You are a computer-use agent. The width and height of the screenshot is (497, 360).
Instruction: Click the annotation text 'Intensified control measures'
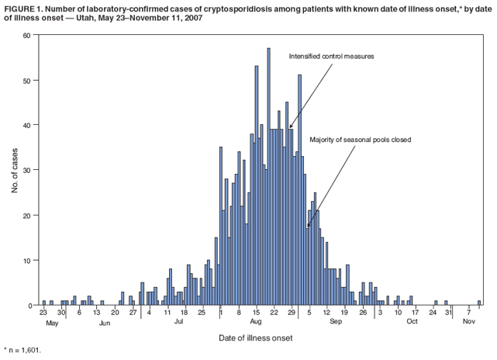pos(332,57)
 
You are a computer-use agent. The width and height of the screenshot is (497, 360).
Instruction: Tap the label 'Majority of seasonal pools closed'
pos(360,140)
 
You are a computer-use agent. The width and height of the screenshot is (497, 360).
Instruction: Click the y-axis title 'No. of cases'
pos(15,171)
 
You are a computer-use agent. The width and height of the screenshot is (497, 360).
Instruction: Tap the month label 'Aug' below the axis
pos(256,321)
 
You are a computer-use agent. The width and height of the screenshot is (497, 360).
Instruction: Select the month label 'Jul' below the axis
pos(178,321)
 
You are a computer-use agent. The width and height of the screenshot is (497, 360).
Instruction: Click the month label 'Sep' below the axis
pos(336,321)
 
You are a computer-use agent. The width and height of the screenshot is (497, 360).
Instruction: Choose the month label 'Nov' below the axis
pos(469,321)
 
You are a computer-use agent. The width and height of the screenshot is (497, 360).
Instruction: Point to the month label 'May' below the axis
pos(52,321)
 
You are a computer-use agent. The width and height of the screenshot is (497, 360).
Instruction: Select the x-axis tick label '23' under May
pos(43,312)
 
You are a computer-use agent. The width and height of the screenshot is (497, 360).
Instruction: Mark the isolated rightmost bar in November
pos(479,303)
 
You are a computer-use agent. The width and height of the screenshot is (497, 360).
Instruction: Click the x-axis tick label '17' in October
pos(415,312)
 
